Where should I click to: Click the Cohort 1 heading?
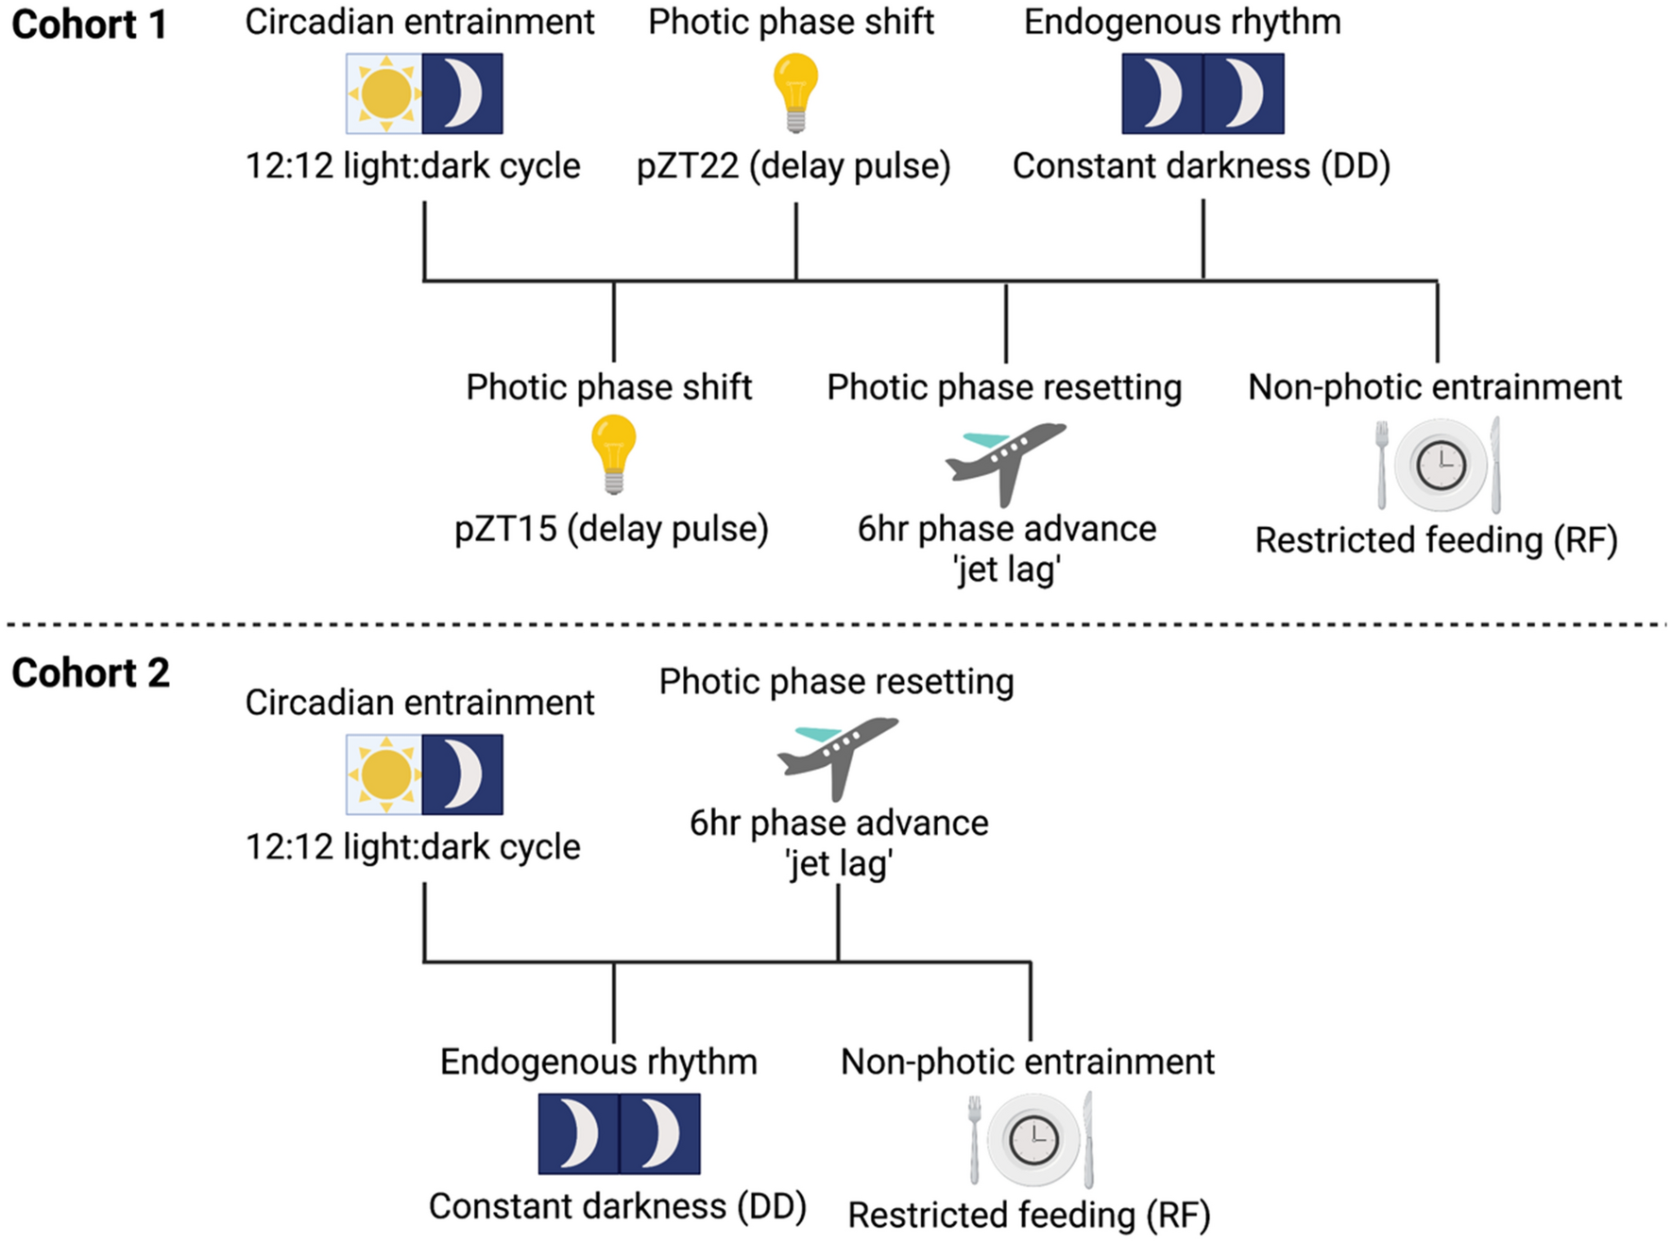click(89, 25)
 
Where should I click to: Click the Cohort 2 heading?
click(91, 673)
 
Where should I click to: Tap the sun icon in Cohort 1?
click(384, 94)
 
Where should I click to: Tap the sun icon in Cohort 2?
click(384, 774)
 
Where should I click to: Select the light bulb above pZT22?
click(795, 91)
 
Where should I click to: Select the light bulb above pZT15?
click(614, 454)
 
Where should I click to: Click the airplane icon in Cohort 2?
click(837, 755)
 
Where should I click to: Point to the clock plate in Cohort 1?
click(1441, 466)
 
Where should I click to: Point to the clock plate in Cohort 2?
click(1032, 1139)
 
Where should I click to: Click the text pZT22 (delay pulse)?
click(793, 166)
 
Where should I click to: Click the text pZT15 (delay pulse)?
click(611, 529)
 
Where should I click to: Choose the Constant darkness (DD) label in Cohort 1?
click(1202, 166)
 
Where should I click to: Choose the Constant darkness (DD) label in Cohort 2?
click(617, 1206)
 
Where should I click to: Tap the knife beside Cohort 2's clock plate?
click(1088, 1138)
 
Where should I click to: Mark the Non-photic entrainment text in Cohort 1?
click(1434, 387)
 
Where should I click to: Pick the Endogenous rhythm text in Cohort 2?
click(599, 1062)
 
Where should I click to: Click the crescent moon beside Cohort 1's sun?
click(463, 94)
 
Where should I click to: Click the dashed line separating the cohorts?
click(836, 624)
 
